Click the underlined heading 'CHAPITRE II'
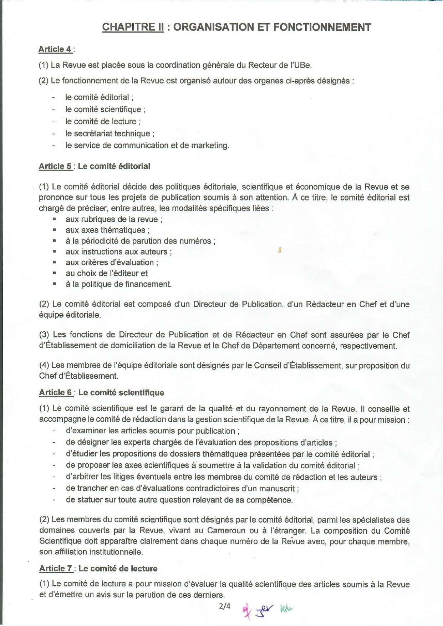[133, 27]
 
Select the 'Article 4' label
[55, 49]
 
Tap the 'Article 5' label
[56, 166]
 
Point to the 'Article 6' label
[56, 393]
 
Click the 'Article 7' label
[56, 569]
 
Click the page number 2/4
[225, 606]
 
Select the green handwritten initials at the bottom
[286, 609]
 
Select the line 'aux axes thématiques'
[107, 230]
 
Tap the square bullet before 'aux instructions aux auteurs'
[54, 251]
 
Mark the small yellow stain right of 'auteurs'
[280, 250]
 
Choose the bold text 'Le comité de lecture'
[118, 569]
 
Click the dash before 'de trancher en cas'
[54, 488]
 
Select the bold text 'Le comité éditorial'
[114, 166]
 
